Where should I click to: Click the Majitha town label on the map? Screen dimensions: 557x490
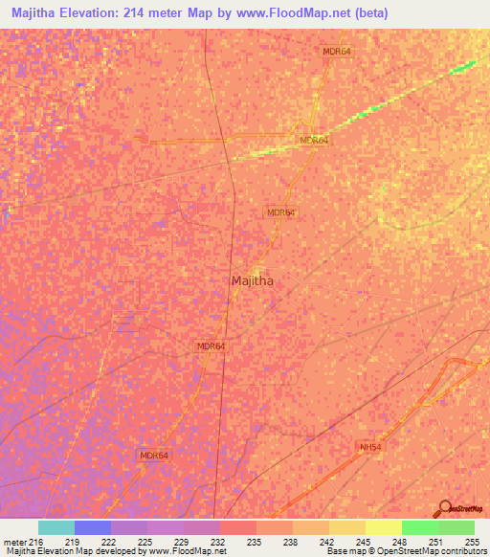click(255, 280)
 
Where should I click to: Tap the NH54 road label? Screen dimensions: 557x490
click(371, 447)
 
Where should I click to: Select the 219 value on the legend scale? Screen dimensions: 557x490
click(73, 542)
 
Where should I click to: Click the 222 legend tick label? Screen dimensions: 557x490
click(110, 542)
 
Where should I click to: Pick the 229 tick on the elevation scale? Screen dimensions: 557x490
click(183, 542)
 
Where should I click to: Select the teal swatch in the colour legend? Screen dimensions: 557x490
click(56, 527)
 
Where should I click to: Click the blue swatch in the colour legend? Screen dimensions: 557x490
click(93, 527)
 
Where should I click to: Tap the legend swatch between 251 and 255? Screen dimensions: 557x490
click(457, 527)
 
